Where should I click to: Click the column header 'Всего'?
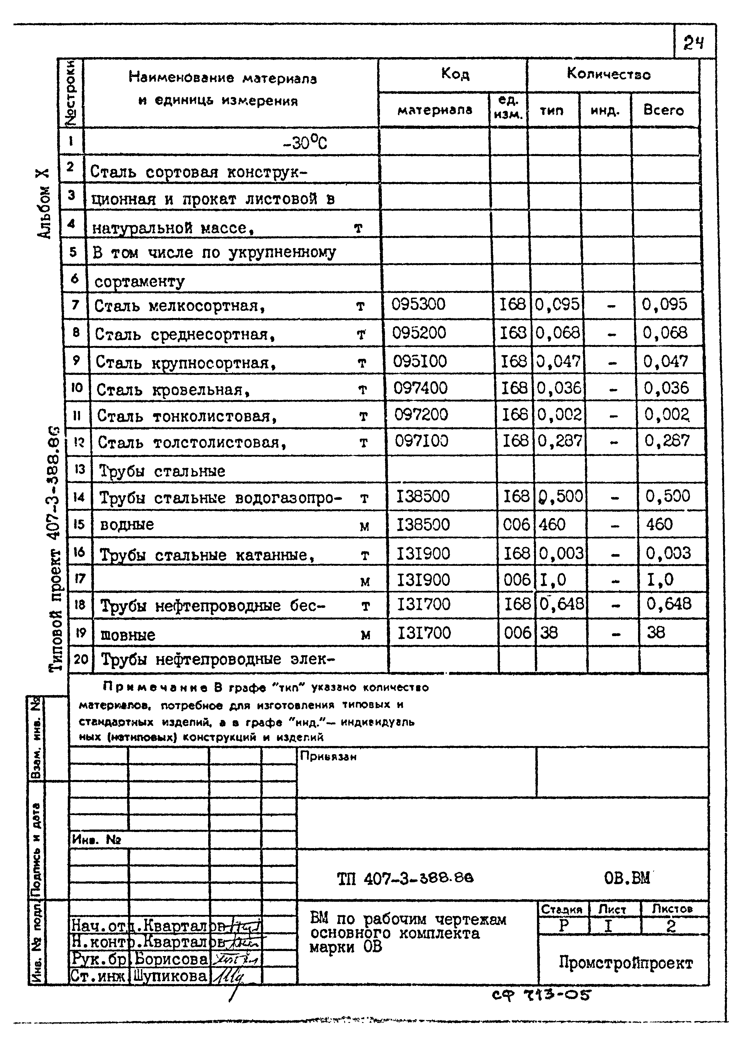point(663,110)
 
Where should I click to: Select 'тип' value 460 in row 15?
point(552,524)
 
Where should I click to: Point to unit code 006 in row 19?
point(517,633)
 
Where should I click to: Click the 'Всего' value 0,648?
point(669,604)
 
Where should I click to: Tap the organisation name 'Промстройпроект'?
point(626,963)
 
